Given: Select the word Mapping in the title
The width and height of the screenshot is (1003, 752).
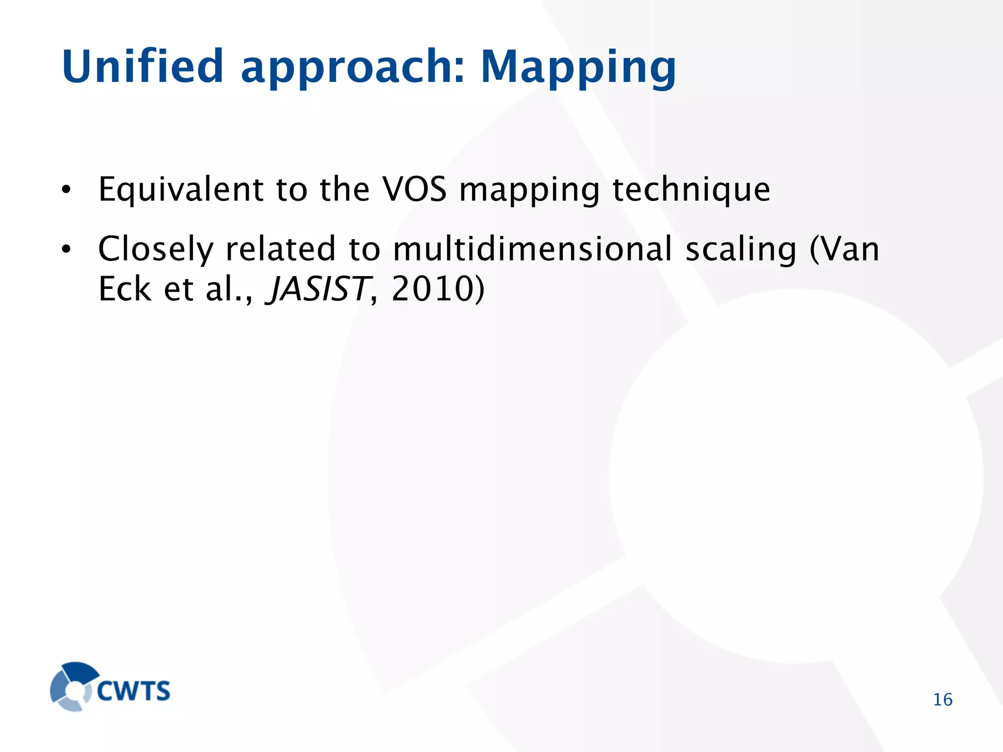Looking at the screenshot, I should click(578, 69).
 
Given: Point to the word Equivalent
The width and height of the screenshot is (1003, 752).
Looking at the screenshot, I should click(181, 190).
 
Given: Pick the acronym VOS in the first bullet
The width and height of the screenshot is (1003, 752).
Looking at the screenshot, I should click(414, 189).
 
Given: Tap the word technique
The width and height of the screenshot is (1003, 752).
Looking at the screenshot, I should click(691, 190).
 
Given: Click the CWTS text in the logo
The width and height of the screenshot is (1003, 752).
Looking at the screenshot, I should click(133, 691).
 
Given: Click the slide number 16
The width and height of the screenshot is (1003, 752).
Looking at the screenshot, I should click(942, 700).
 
